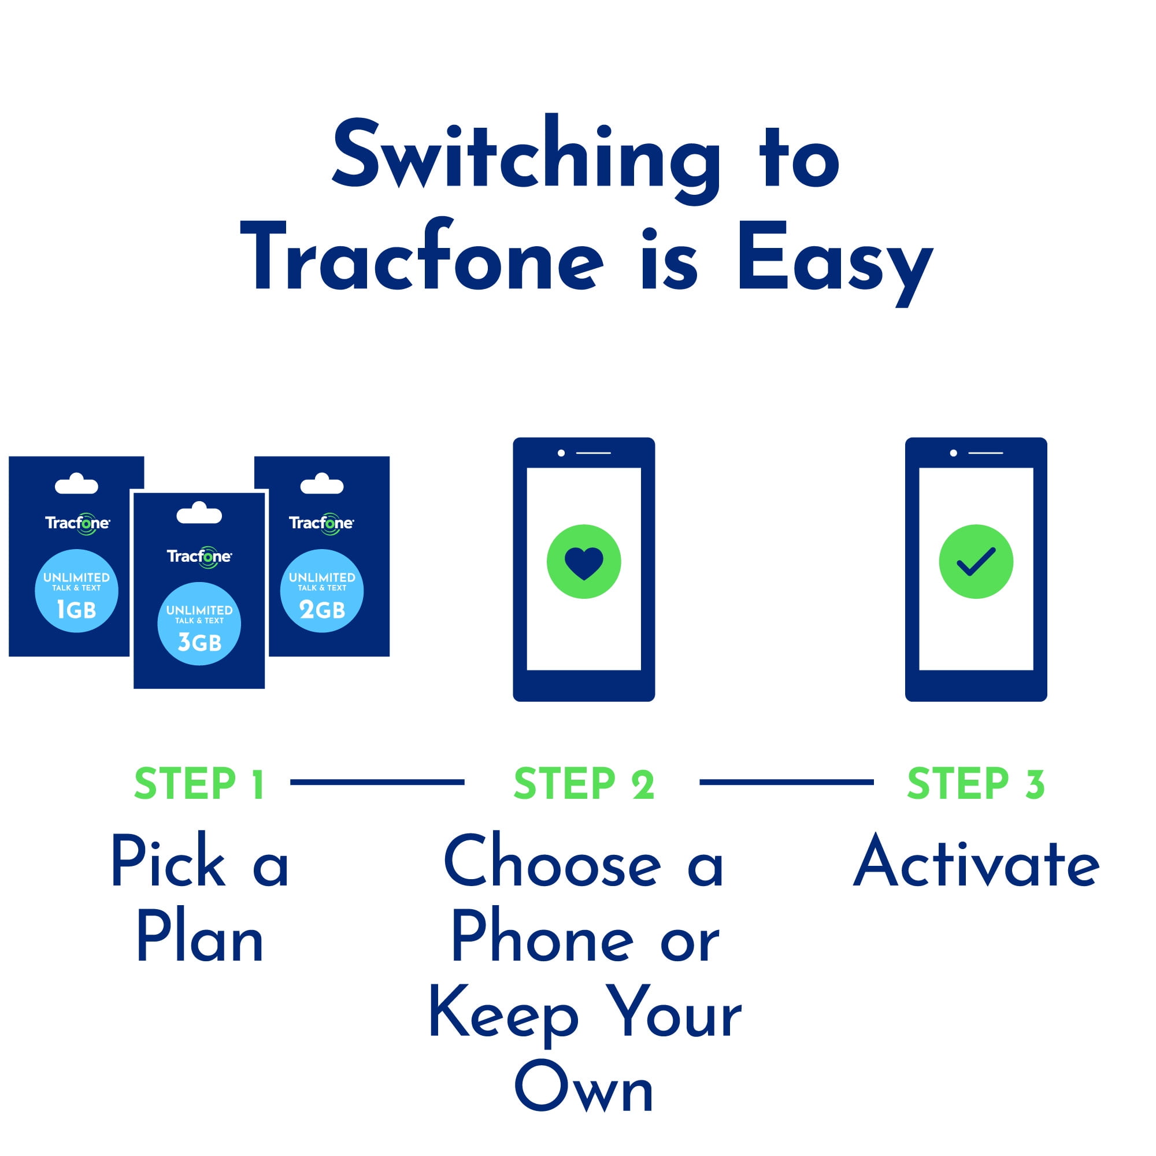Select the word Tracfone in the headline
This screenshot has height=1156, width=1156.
tap(422, 254)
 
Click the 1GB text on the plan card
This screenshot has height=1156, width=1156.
tap(76, 610)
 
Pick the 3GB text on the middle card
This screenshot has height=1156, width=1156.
tap(200, 643)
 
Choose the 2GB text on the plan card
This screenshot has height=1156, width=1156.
tap(322, 610)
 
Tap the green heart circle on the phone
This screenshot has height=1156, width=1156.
tap(584, 561)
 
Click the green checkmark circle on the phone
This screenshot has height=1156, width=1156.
tap(976, 561)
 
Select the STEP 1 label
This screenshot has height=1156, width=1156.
tap(199, 784)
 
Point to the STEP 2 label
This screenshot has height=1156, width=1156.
tap(584, 784)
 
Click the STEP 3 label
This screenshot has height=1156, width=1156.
tap(976, 784)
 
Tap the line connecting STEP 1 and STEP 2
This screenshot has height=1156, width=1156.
tap(377, 782)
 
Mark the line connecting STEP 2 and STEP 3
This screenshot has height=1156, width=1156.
tap(786, 782)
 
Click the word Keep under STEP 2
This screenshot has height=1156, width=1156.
tap(504, 1014)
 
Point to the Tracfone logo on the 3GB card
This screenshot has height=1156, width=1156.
tap(199, 557)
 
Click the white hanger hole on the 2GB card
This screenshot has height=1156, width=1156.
tap(322, 483)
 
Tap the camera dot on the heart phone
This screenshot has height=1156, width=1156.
tap(561, 453)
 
